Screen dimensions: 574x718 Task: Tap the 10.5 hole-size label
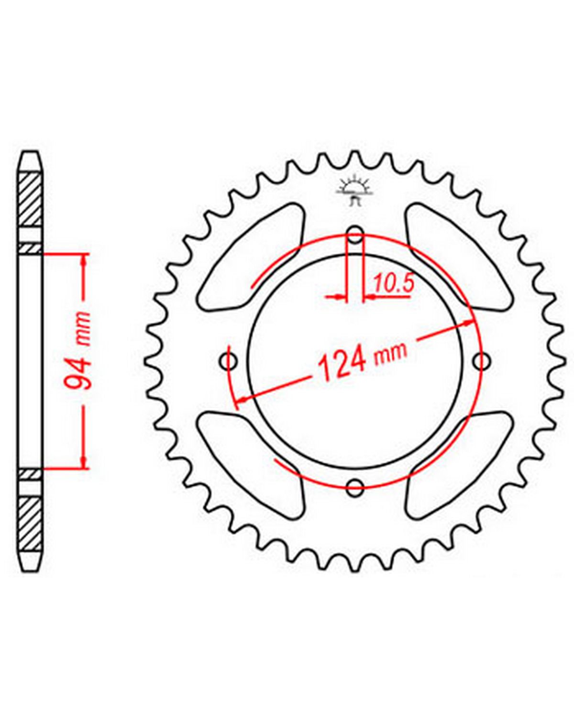coord(394,283)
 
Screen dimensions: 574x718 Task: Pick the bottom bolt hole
coord(355,487)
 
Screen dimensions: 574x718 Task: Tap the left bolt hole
coord(229,361)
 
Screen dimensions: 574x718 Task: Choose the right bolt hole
coord(482,361)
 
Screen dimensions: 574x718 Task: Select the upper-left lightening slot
coord(250,256)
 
